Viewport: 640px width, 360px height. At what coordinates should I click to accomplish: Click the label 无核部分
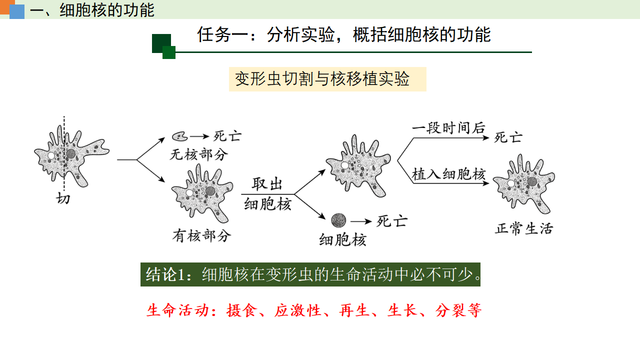point(199,154)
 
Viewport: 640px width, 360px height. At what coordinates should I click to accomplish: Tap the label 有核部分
point(201,236)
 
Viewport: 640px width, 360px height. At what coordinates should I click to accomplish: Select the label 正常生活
point(524,229)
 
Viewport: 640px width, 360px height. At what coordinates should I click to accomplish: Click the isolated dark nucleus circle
point(338,220)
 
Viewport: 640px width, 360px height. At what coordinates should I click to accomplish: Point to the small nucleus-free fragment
point(179,136)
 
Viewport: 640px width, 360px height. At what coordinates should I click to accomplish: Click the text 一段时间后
point(448,127)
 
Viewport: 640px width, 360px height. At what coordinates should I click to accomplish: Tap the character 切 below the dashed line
point(63,198)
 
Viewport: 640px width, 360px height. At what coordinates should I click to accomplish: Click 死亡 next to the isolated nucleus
point(392,221)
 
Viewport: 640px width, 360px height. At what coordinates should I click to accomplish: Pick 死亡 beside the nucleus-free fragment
point(227,136)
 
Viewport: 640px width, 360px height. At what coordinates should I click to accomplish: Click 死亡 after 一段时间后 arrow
point(508,137)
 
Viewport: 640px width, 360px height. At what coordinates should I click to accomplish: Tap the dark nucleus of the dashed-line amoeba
point(70,154)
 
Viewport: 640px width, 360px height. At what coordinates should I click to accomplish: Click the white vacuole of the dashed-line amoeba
point(51,155)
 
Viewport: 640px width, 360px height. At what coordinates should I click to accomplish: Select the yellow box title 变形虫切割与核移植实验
point(322,79)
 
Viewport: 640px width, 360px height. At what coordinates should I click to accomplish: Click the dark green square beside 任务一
point(161,43)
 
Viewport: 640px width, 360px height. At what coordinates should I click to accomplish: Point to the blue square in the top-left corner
point(17,11)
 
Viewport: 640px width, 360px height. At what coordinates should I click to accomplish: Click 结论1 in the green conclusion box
point(165,274)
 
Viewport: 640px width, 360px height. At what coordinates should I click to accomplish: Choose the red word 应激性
point(297,310)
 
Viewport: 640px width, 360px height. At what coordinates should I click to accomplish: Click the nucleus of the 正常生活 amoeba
point(532,181)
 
